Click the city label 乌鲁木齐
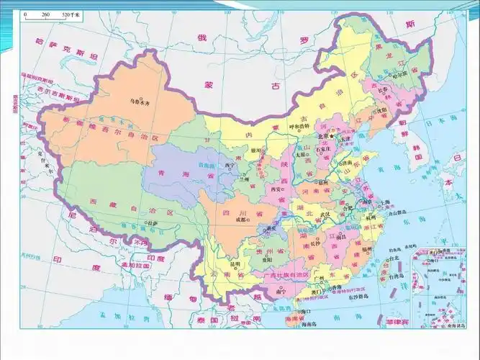tap(140, 102)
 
